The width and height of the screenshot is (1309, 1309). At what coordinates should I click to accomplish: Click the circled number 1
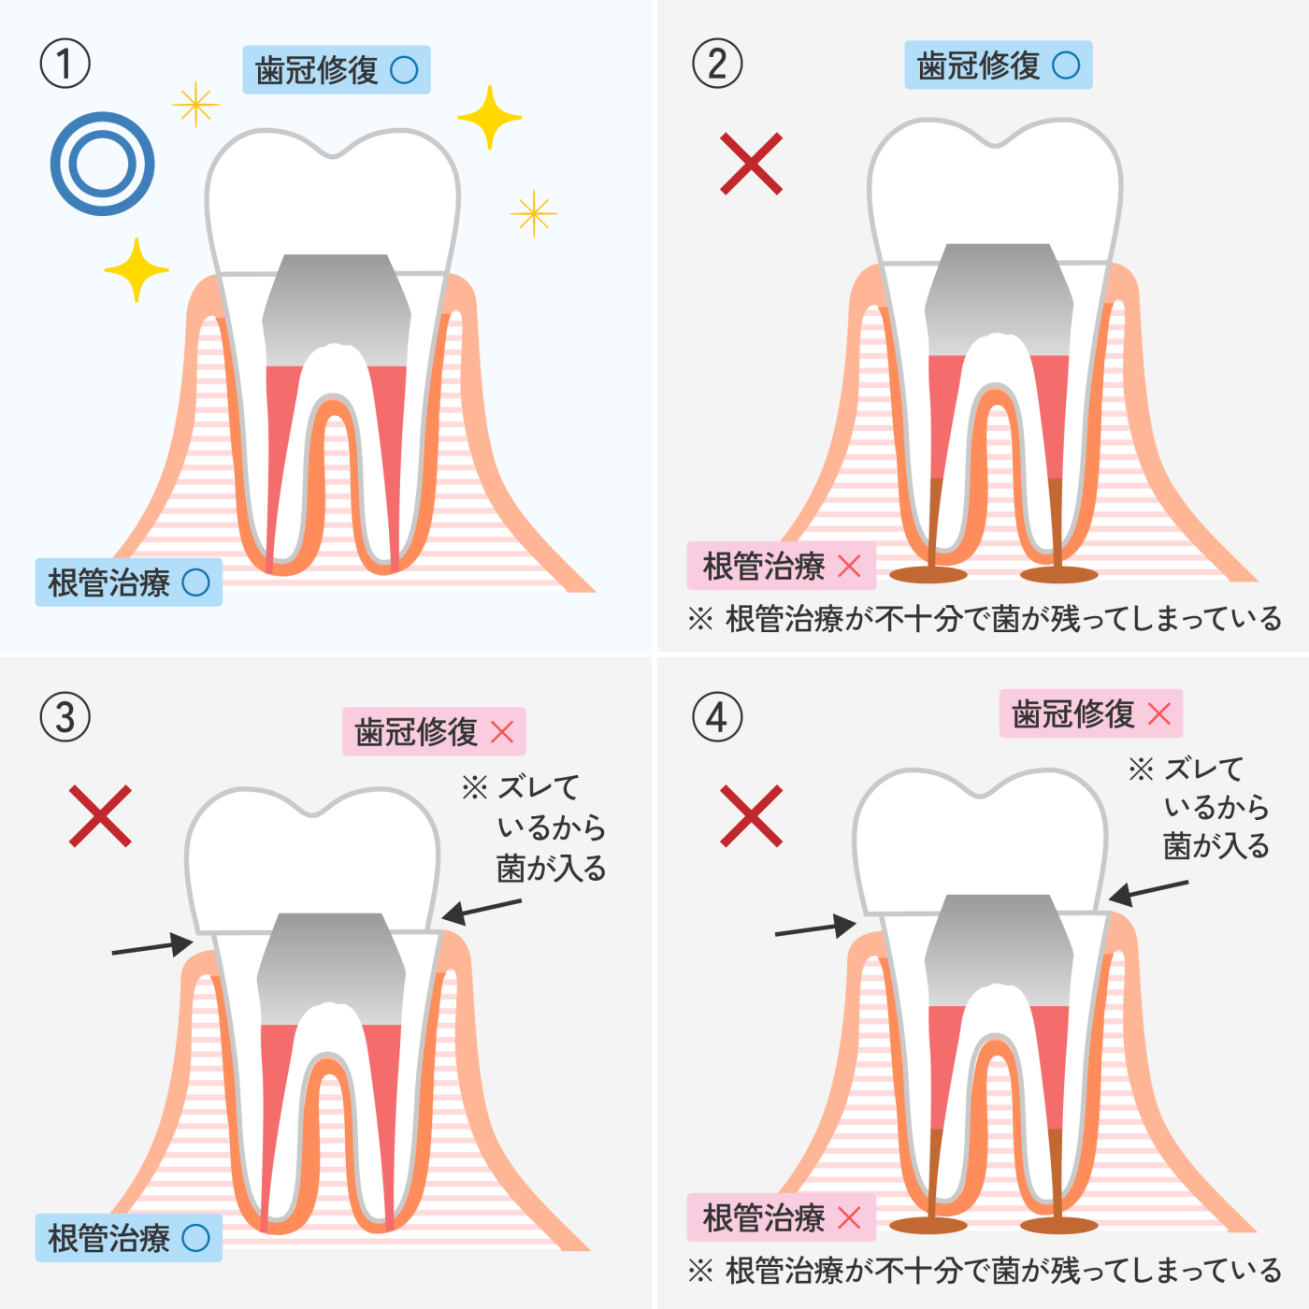pos(65,64)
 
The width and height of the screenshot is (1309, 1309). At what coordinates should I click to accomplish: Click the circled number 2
pos(717,64)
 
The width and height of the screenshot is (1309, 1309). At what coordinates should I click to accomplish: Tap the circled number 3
pos(65,717)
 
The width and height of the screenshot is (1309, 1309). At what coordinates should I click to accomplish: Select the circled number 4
pos(717,717)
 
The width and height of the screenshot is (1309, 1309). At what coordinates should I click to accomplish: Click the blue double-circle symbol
pos(102,164)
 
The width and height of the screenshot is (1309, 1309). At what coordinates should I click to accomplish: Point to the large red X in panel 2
pos(751,164)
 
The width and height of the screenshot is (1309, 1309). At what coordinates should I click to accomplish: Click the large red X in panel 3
pos(100,816)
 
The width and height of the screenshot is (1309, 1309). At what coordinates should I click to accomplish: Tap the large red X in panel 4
pos(751,816)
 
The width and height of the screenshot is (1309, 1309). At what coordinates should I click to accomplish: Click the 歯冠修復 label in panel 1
pos(336,70)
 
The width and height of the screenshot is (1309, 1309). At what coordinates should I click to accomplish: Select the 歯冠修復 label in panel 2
pos(998,65)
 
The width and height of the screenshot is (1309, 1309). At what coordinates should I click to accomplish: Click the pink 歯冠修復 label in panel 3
pos(434,731)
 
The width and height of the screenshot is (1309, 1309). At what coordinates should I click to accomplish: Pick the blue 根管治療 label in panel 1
pos(128,583)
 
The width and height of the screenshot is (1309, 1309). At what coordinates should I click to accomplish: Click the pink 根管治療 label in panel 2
pos(781,566)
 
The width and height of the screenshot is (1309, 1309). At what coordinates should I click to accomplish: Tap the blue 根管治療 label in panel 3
pos(128,1238)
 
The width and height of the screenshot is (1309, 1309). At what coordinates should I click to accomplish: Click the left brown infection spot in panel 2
pos(928,573)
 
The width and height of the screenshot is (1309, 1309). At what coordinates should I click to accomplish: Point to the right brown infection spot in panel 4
pos(1058,1225)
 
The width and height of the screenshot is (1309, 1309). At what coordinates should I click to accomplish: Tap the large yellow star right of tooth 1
pos(489,118)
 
